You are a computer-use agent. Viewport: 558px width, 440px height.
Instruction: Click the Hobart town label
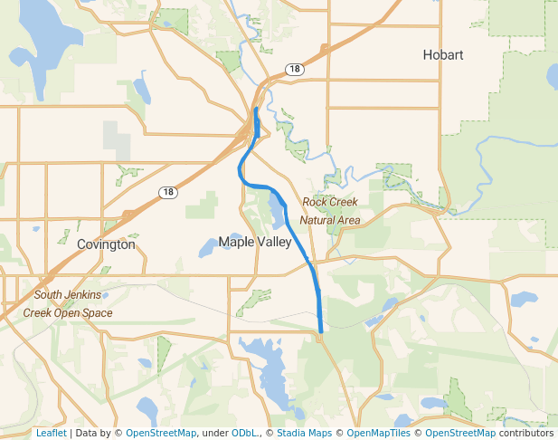(443, 55)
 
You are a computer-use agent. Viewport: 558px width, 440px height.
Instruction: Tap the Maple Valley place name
(255, 242)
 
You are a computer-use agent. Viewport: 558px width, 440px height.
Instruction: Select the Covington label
(106, 244)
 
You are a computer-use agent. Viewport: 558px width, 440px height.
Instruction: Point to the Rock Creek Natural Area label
(330, 211)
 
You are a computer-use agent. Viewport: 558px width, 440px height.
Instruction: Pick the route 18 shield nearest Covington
(167, 192)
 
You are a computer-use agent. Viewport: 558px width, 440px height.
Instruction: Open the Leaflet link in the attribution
(51, 433)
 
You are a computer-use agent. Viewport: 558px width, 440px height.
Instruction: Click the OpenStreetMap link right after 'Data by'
(160, 433)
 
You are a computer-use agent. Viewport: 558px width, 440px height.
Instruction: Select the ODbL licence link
(243, 433)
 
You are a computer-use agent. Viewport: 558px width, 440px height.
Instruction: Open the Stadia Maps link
(304, 433)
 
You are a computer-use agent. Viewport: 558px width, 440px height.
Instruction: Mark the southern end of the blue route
(321, 332)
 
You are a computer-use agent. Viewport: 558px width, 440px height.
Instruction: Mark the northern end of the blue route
(257, 109)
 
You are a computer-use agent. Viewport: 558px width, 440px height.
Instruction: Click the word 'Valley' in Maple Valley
(274, 242)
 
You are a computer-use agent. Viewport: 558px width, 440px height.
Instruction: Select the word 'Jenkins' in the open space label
(83, 295)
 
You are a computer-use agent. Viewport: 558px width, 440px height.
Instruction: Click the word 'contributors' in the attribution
(525, 433)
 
